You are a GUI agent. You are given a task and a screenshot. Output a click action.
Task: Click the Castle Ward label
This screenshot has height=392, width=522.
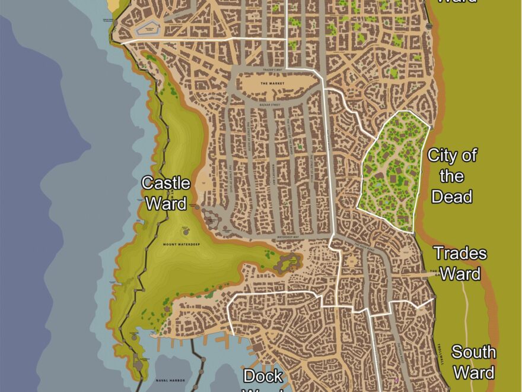point(166,193)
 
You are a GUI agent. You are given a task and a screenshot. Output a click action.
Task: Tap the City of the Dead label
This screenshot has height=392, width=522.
point(452,176)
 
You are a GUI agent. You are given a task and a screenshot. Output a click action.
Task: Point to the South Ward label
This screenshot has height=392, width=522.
point(473,362)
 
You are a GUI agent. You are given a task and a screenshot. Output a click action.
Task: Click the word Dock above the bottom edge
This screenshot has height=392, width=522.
point(263,377)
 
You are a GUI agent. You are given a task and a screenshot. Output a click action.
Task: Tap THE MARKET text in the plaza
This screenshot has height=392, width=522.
point(272,84)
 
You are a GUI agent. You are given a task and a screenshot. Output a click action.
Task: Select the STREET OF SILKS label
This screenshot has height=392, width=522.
point(228,176)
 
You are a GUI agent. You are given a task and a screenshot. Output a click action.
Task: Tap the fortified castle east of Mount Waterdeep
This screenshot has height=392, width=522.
point(290,261)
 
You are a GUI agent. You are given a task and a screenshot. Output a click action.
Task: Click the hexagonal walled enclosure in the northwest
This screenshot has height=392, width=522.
point(148,28)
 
